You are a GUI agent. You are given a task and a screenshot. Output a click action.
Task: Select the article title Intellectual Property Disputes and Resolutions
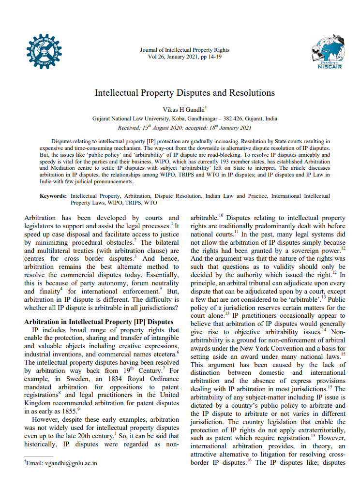(184, 92)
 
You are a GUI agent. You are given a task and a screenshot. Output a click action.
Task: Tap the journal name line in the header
(184, 50)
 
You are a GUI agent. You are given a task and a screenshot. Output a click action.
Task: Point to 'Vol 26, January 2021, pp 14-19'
(184, 56)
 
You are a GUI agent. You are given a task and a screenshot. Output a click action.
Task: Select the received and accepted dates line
(184, 128)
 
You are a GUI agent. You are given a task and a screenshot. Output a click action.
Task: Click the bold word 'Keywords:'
(53, 196)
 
